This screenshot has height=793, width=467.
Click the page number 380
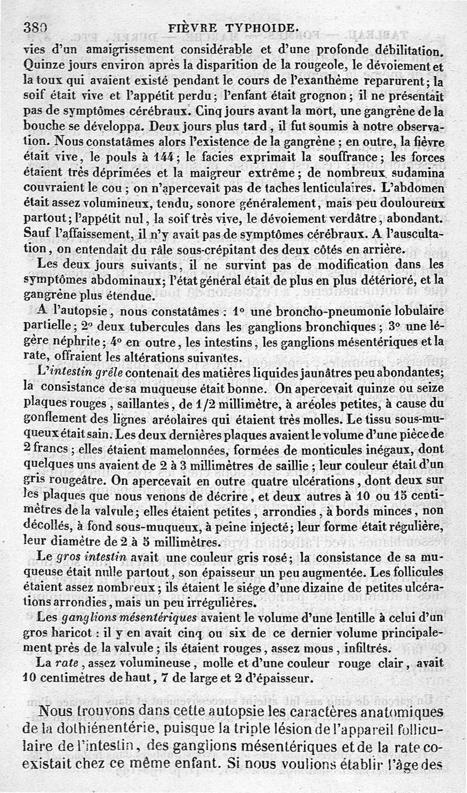[35, 27]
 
